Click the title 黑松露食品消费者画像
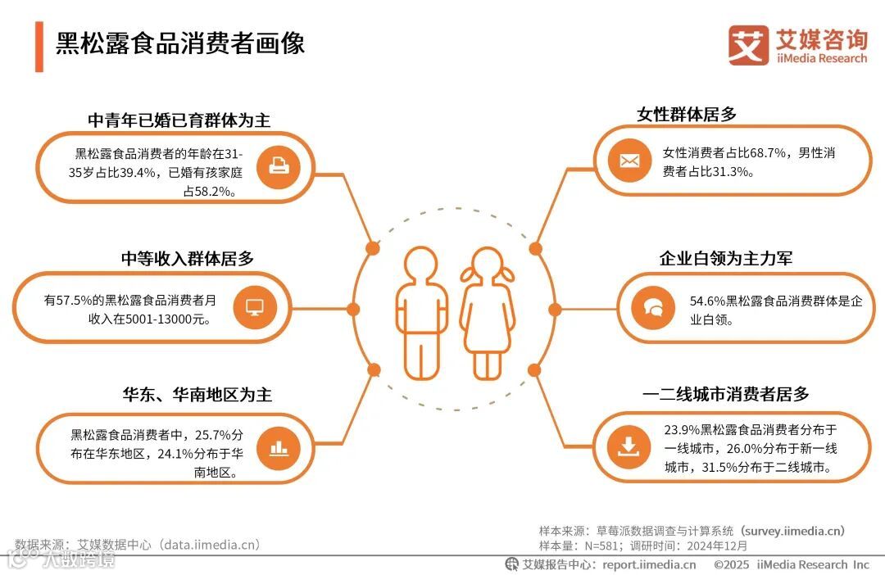pyautogui.click(x=180, y=43)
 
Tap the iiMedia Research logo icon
pyautogui.click(x=748, y=46)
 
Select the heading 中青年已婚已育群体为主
pyautogui.click(x=179, y=120)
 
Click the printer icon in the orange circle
pyautogui.click(x=279, y=168)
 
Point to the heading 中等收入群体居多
pyautogui.click(x=188, y=259)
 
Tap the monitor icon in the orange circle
pyautogui.click(x=256, y=308)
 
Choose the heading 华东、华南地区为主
pyautogui.click(x=197, y=395)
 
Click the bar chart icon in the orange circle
pyautogui.click(x=279, y=447)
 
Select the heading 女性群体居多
pyautogui.click(x=687, y=115)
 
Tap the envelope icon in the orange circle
pyautogui.click(x=629, y=161)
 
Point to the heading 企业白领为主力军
pyautogui.click(x=726, y=259)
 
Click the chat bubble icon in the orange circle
pyautogui.click(x=653, y=308)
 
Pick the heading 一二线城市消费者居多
pyautogui.click(x=726, y=394)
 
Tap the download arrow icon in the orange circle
pyautogui.click(x=629, y=447)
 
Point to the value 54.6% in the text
pyautogui.click(x=707, y=301)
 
